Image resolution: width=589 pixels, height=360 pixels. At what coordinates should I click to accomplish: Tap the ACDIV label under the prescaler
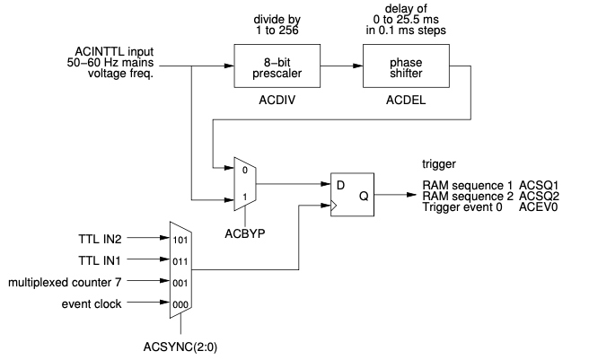pos(277,101)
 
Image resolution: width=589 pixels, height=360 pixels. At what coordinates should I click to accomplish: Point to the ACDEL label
pos(406,101)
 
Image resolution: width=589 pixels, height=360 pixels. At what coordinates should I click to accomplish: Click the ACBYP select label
pos(245,233)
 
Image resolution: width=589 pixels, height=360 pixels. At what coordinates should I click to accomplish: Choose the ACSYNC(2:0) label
pos(180,347)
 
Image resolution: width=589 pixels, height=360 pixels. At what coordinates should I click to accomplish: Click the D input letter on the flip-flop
pos(340,185)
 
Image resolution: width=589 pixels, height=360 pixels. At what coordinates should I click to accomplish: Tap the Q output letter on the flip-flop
pos(364,196)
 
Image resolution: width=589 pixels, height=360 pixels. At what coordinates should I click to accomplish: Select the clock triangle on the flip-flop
pos(334,206)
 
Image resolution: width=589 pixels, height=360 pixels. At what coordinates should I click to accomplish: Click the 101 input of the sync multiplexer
pos(180,240)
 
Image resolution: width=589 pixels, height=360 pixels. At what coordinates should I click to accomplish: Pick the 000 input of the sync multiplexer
pos(180,304)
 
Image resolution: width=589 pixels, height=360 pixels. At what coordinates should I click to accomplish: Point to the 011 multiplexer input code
pos(180,261)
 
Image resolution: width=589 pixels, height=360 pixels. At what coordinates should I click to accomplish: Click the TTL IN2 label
pos(100,240)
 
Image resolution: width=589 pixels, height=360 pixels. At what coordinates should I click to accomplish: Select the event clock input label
pos(92,304)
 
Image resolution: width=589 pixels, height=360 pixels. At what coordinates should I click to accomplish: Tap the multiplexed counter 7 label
pos(65,283)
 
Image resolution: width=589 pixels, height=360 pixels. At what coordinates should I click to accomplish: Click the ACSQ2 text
pos(539,196)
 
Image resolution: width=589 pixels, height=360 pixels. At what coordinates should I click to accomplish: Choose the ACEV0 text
pos(539,207)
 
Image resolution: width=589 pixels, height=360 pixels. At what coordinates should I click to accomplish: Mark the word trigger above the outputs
pos(439,164)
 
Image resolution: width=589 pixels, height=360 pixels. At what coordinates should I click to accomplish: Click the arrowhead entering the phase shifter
pos(358,66)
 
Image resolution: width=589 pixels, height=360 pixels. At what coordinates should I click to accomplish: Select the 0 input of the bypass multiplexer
pos(245,171)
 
